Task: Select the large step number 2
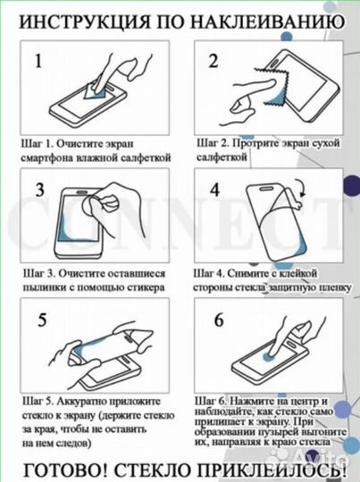click(213, 62)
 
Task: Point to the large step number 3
click(40, 189)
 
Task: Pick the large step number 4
click(213, 189)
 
